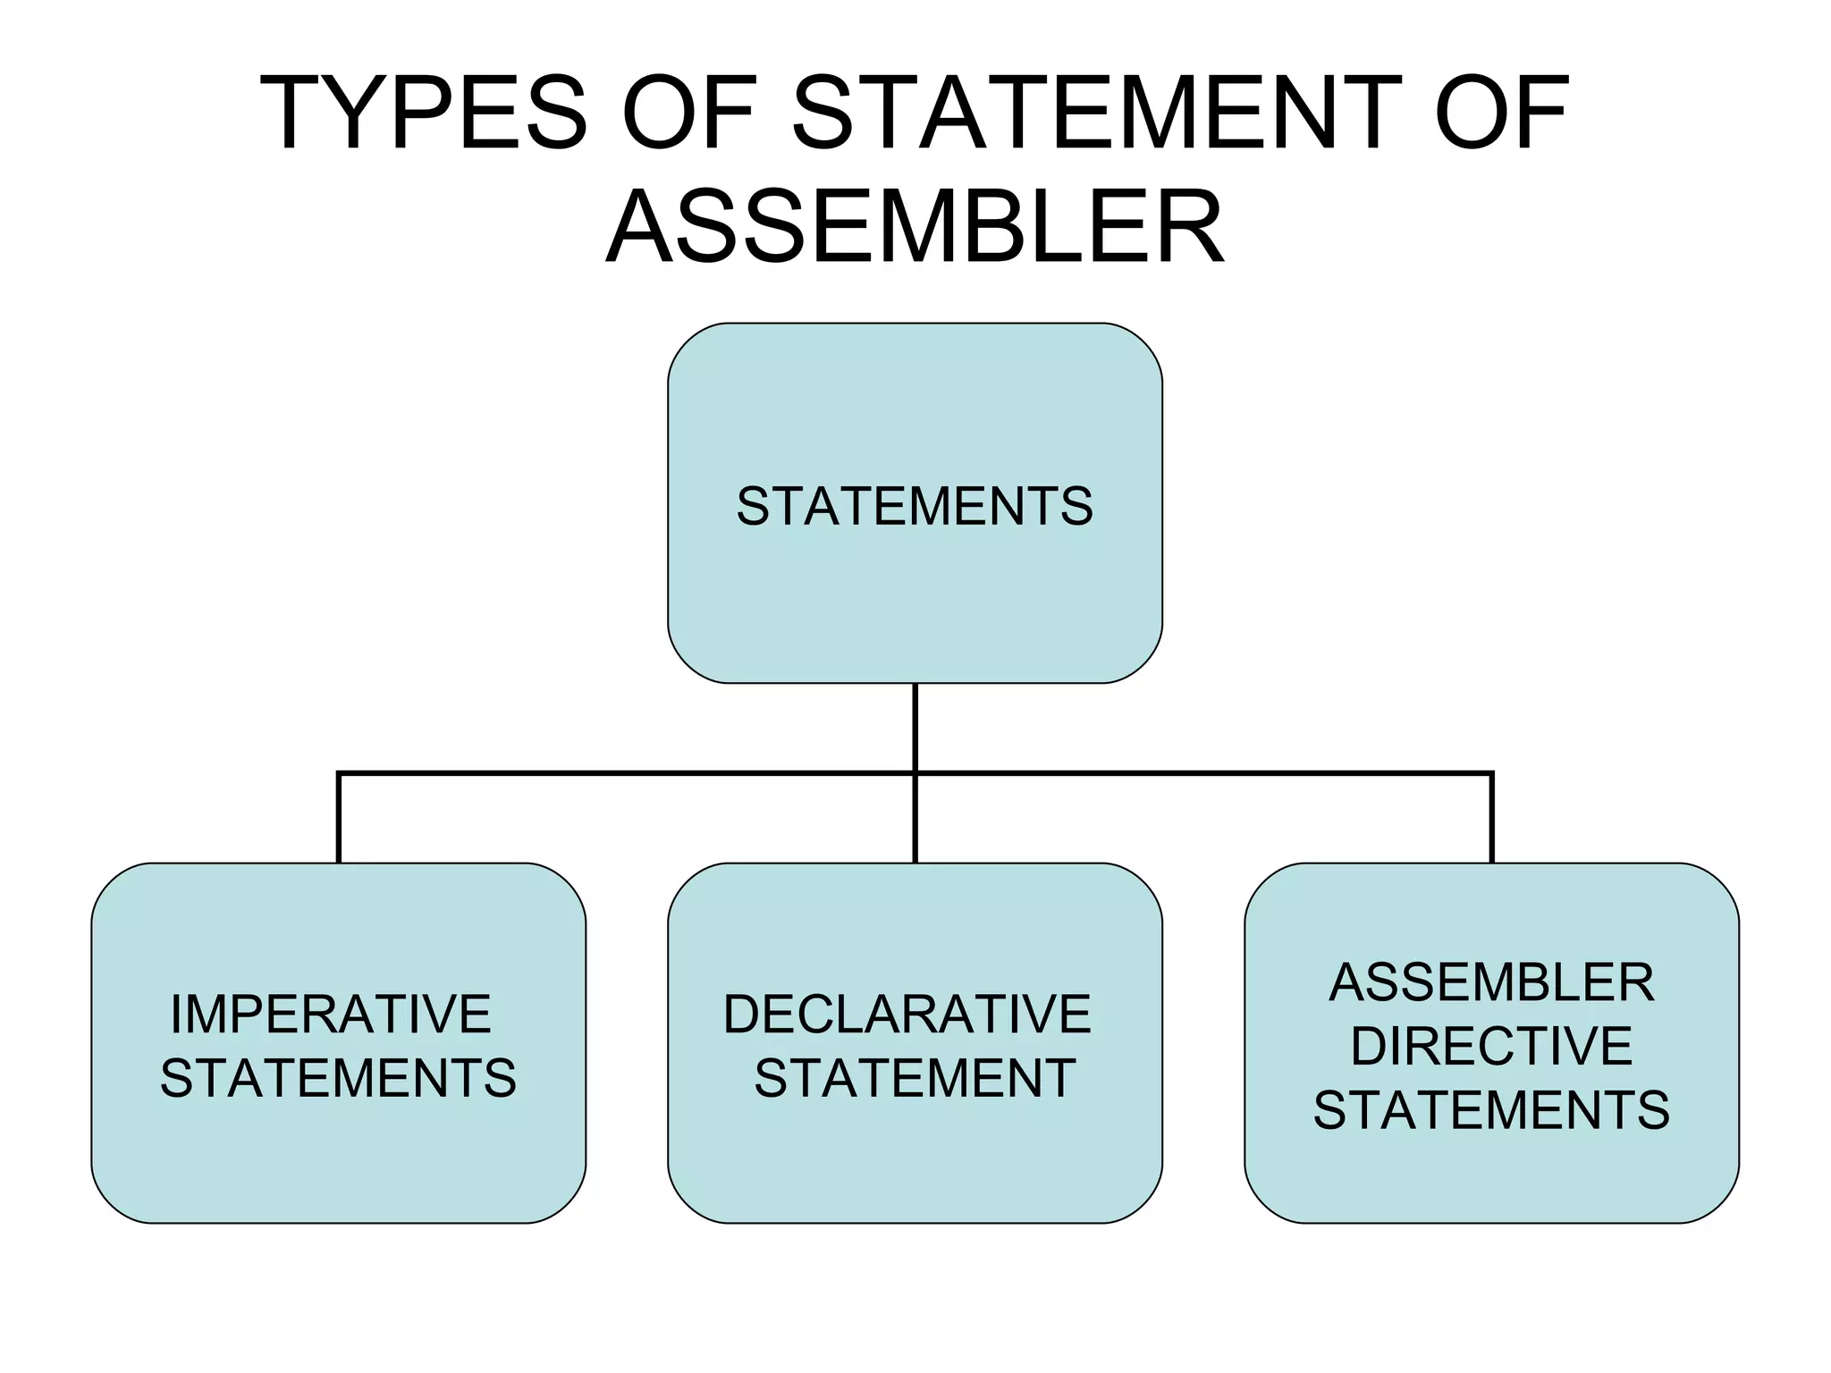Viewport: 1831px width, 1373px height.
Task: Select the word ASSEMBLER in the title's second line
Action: [x=915, y=227]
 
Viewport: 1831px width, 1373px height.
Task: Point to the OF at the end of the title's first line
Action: [x=1501, y=114]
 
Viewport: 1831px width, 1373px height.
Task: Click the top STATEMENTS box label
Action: [x=915, y=506]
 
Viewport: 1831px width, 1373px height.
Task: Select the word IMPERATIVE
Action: [x=331, y=1014]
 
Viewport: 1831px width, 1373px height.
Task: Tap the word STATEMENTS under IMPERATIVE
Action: [x=338, y=1078]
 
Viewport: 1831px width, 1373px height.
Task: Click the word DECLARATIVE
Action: [x=907, y=1014]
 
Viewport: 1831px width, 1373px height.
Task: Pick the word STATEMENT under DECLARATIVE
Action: [x=915, y=1078]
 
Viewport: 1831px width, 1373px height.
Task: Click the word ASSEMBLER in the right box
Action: [x=1491, y=982]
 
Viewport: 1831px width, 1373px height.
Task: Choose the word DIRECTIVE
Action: [x=1491, y=1046]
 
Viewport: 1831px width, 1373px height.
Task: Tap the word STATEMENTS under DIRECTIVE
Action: [x=1491, y=1110]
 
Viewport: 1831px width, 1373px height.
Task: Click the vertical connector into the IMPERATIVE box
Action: [x=339, y=819]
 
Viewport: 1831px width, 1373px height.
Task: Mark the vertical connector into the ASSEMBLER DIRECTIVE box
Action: [x=1492, y=819]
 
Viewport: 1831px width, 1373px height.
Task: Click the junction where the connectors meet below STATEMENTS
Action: [x=915, y=773]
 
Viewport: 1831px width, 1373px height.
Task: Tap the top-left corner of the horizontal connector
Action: [x=339, y=773]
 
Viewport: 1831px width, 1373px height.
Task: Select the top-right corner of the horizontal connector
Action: [x=1492, y=773]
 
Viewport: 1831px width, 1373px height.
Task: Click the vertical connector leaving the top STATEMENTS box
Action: [x=915, y=726]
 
